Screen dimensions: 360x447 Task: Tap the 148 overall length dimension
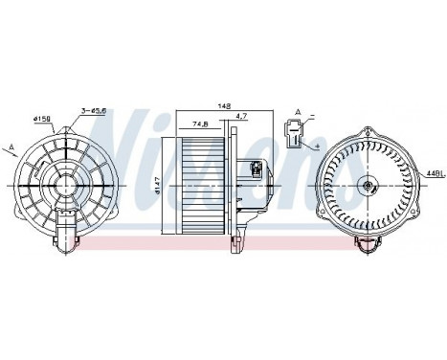coord(225,107)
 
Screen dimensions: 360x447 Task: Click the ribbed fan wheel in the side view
coord(203,182)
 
